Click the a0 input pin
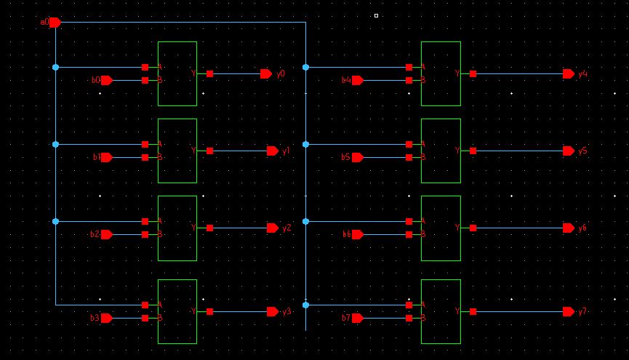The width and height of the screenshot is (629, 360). [55, 23]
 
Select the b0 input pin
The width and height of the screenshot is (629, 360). [107, 81]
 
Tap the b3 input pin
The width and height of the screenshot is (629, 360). [107, 318]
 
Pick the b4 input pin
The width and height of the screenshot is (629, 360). [357, 81]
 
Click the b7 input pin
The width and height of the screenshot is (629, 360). [357, 318]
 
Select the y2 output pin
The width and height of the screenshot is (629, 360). [273, 228]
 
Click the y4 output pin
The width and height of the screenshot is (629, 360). [569, 74]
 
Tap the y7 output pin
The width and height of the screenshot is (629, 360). [569, 311]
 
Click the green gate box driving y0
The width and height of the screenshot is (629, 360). [177, 73]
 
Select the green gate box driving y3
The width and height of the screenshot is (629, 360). [177, 311]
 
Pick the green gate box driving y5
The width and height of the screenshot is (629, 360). [441, 151]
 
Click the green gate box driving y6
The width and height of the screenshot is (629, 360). [441, 228]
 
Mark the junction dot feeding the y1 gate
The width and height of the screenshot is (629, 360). [56, 144]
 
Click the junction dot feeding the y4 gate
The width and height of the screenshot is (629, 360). [305, 67]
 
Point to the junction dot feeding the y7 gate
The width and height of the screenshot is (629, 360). [305, 305]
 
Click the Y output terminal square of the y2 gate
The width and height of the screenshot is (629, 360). [209, 228]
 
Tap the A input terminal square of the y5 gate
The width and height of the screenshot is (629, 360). [409, 144]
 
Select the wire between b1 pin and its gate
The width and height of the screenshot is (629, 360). [128, 157]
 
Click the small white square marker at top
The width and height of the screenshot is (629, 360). [376, 15]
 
